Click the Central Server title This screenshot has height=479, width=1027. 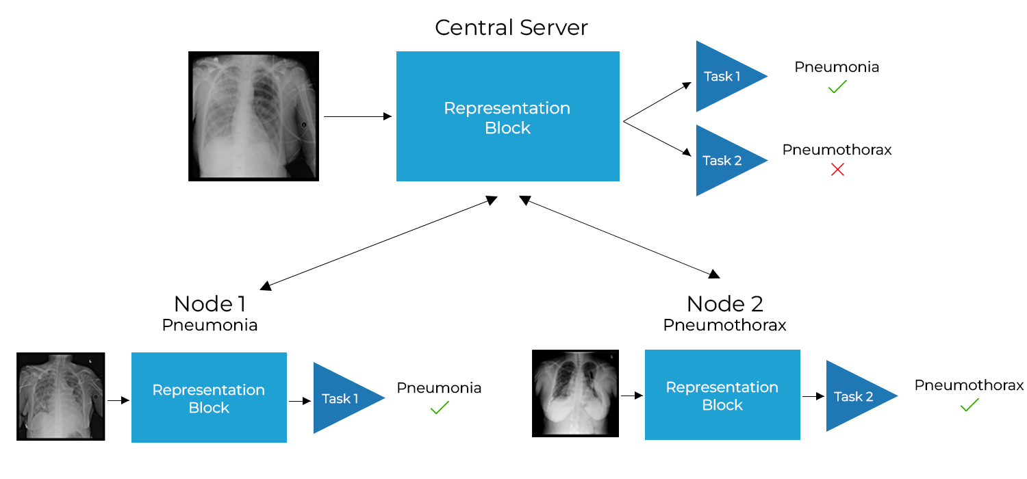(511, 28)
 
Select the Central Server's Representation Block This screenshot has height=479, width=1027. (507, 116)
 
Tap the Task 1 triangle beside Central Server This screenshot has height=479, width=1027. (722, 76)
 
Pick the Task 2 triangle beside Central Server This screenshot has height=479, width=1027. (722, 160)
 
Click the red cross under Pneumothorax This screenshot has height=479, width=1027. (837, 170)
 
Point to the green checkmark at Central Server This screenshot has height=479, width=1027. (837, 87)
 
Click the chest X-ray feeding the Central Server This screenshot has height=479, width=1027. (253, 116)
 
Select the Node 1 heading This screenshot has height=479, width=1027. (210, 303)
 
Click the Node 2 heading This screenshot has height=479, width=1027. (724, 303)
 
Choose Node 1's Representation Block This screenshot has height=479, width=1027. (209, 398)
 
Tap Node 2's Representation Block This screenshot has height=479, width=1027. (722, 395)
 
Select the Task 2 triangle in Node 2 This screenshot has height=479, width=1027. (852, 396)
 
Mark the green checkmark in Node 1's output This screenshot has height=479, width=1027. (439, 408)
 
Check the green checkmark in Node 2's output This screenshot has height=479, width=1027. (969, 405)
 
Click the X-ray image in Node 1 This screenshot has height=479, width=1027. (60, 396)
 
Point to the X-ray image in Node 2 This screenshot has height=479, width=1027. (575, 393)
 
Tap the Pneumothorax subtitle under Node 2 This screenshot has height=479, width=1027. (724, 325)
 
